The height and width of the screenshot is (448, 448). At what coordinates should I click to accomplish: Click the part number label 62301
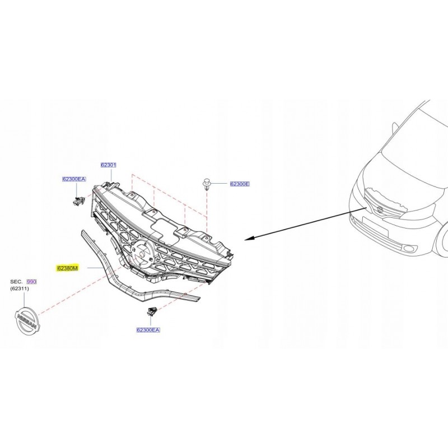coord(108,165)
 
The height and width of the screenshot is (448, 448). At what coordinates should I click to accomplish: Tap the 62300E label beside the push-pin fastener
coord(239,184)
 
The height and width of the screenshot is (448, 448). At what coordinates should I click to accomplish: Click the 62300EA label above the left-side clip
coord(74,179)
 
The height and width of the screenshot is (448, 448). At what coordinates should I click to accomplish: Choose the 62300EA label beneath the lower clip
coord(148,330)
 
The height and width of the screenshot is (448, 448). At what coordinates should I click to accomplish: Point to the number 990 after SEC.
coord(31,283)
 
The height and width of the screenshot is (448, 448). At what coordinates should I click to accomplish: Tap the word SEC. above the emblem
coord(16,283)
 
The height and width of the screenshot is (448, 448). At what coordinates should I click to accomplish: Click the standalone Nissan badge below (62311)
coord(26,322)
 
